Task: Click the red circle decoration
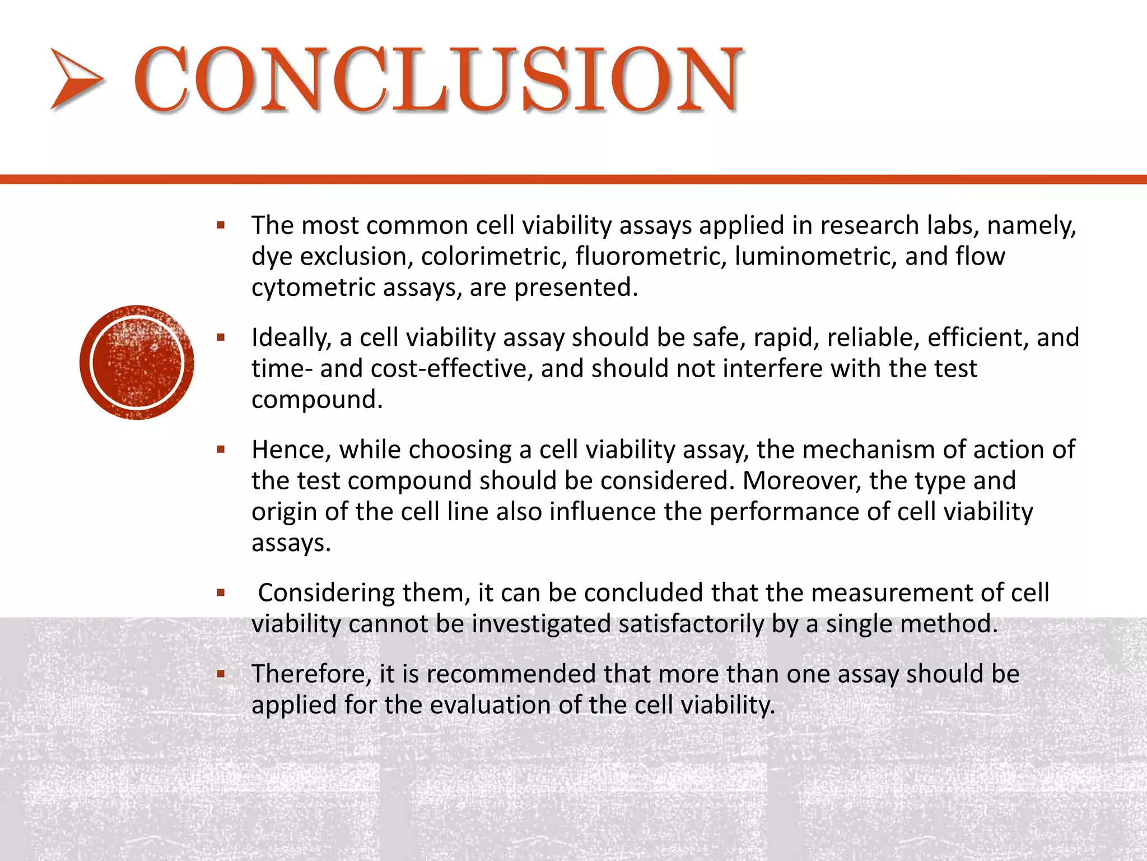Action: click(x=137, y=363)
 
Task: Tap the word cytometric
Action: click(x=313, y=288)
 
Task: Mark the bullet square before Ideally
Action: click(x=221, y=337)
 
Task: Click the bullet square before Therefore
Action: click(x=221, y=674)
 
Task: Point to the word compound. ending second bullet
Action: click(x=317, y=400)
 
